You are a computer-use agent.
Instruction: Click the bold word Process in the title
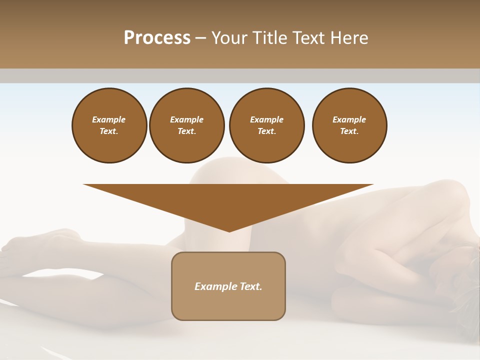157,38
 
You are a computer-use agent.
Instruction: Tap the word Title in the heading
269,38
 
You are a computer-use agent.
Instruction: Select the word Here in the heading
348,38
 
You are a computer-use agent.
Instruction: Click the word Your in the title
229,38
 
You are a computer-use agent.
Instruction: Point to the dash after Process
200,38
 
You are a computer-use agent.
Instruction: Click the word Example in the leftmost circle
109,119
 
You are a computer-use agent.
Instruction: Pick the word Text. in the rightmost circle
349,131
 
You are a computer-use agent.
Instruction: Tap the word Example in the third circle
266,119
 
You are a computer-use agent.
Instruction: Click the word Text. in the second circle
187,131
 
